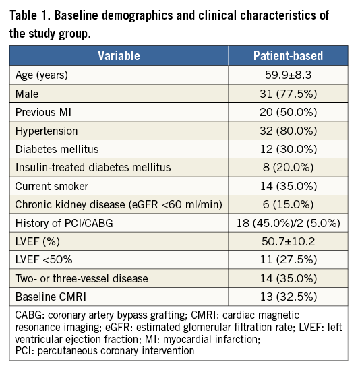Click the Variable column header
coord(119,56)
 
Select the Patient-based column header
coord(288,56)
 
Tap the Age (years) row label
coord(42,75)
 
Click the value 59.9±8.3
coord(288,75)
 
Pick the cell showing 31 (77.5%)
coord(288,94)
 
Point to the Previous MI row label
coord(43,112)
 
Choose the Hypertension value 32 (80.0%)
coord(288,131)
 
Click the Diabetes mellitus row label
coord(57,149)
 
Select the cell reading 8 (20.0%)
coord(288,168)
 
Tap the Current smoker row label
coord(52,186)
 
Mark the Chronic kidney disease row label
coord(119,204)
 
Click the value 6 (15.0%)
coord(288,204)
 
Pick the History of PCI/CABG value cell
coord(288,223)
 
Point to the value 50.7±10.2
coord(288,241)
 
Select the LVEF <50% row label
coord(44,259)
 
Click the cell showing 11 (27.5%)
coord(288,259)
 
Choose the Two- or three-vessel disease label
coord(82,278)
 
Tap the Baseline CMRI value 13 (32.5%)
coord(288,297)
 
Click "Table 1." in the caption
coord(30,15)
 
